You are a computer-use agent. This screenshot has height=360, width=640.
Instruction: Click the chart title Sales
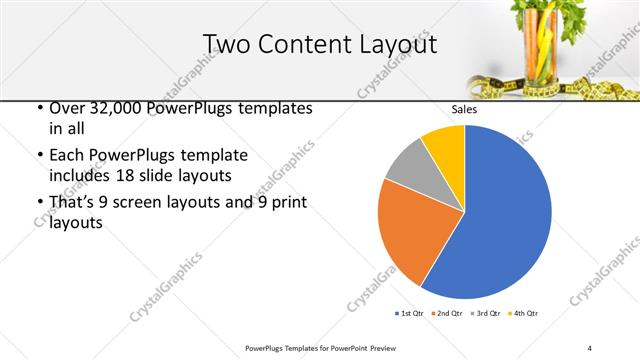click(x=464, y=110)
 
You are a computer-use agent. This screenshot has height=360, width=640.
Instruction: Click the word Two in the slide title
click(x=225, y=44)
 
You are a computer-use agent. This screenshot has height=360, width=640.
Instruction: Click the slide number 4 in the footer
click(x=590, y=347)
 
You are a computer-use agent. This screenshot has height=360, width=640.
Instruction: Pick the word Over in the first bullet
click(x=56, y=108)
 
